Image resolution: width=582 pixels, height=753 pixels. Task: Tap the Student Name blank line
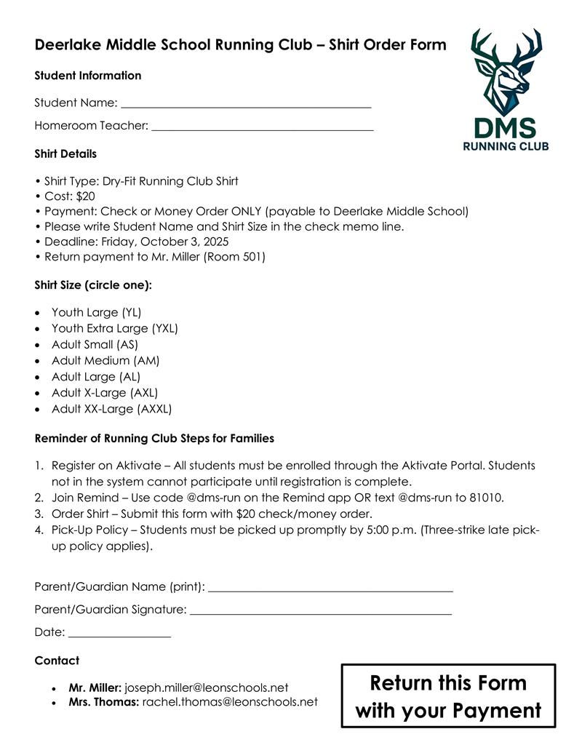click(x=246, y=106)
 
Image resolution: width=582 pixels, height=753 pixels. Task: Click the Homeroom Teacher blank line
click(x=262, y=129)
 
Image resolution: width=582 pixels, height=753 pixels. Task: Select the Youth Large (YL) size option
click(x=96, y=313)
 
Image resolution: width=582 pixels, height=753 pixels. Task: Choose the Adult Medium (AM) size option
click(x=105, y=361)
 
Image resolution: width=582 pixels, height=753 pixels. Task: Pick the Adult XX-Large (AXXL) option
click(x=111, y=409)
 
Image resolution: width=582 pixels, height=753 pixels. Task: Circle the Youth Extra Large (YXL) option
click(x=114, y=329)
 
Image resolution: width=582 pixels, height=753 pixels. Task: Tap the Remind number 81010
click(x=485, y=498)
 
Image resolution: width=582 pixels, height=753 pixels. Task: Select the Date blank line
click(x=119, y=636)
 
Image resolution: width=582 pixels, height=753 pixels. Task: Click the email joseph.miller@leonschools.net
click(x=207, y=688)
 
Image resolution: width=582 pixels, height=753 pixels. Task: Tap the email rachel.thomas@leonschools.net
click(x=230, y=703)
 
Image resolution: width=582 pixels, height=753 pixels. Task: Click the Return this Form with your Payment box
click(x=448, y=696)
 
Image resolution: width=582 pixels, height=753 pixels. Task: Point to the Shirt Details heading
click(x=65, y=154)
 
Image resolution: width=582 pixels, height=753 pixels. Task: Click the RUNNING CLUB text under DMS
click(x=506, y=146)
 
